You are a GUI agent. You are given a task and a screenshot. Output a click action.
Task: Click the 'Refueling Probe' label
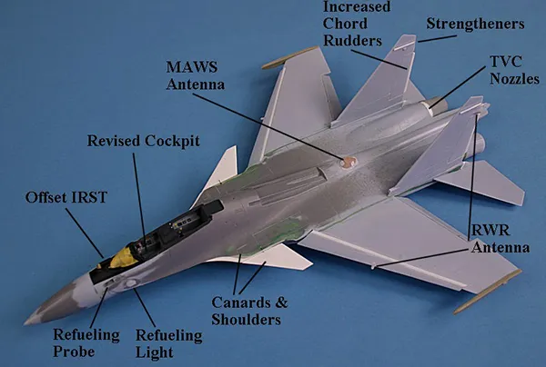point(86,343)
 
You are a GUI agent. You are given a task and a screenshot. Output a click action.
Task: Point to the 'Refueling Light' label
point(168,343)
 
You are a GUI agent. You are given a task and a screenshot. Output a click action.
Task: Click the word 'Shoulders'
point(246,319)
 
